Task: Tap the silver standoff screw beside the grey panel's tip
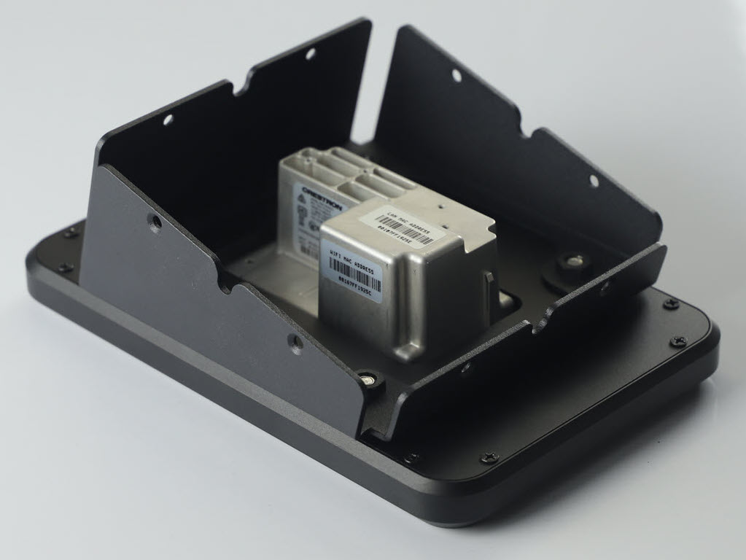coord(371,379)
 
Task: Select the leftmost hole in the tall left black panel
coord(168,120)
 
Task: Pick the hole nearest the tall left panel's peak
coord(311,54)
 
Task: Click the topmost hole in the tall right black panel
coord(456,75)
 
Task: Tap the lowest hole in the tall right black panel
coord(593,180)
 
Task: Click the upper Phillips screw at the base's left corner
coord(71,233)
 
